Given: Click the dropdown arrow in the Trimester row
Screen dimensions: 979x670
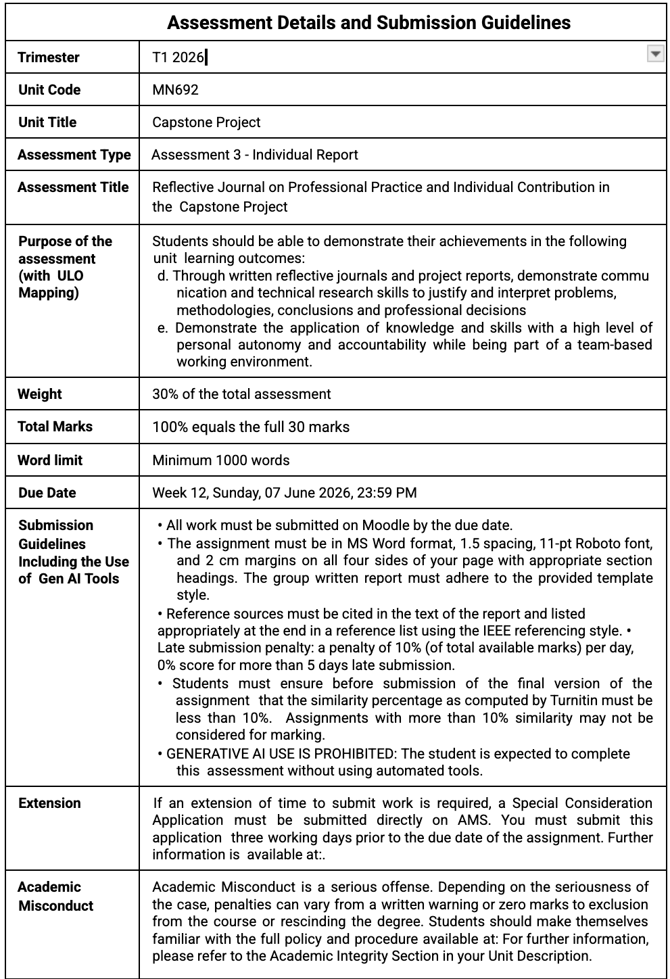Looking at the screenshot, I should tap(655, 55).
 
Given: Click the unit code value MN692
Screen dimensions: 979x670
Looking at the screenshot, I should tap(175, 90).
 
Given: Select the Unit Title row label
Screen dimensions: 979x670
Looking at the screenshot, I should tap(47, 122).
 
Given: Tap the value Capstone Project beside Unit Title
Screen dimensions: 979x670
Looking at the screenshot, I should tap(206, 122).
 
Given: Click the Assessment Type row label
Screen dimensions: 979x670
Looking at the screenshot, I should tap(74, 155).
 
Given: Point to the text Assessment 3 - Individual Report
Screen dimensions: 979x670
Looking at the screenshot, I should tap(255, 155).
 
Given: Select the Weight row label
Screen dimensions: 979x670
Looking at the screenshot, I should tap(39, 394).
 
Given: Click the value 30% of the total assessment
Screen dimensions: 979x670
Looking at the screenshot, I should tap(241, 394).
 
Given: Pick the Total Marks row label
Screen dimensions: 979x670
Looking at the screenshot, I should tap(55, 427).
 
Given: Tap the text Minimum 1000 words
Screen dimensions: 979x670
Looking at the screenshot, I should tap(220, 460).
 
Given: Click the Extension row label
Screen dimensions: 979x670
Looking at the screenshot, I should tap(49, 803).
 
